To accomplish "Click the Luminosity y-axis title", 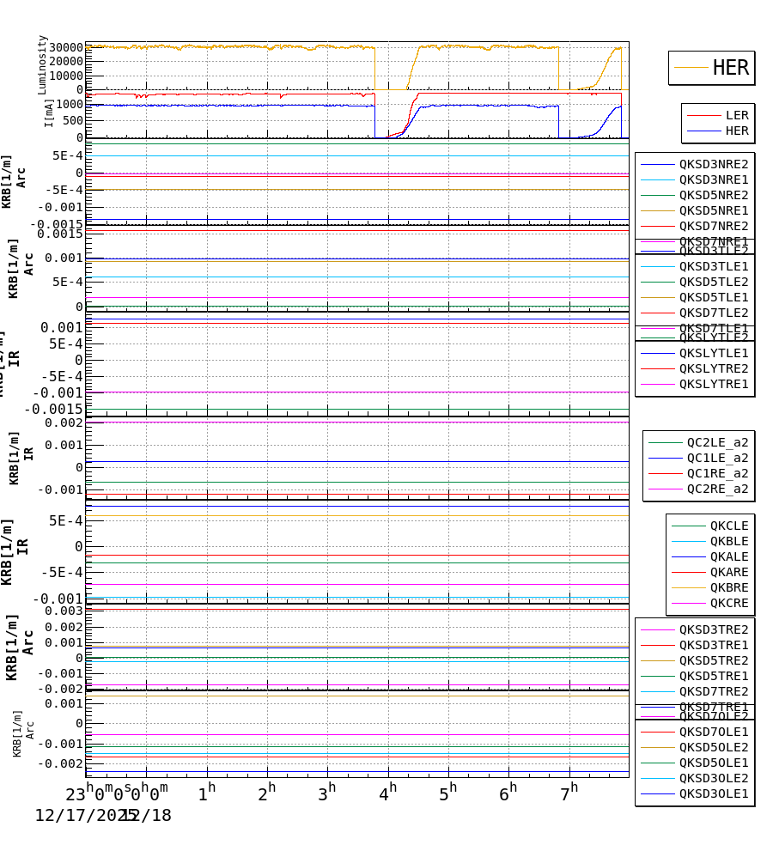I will (x=43, y=64).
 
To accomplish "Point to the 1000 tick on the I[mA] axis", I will (x=70, y=105).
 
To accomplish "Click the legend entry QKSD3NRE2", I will (x=713, y=164).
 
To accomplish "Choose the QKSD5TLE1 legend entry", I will (x=713, y=297).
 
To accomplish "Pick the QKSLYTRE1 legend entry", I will (x=713, y=384).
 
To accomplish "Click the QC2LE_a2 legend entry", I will (x=717, y=442).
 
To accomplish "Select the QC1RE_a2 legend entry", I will (x=717, y=473).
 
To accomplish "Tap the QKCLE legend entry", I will (x=728, y=526).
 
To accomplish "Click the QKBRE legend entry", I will (x=728, y=587).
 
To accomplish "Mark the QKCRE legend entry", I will (x=728, y=603).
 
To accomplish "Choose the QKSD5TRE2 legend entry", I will (x=713, y=660).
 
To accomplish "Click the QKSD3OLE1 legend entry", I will (x=713, y=793).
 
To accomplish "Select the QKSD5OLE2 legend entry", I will (x=713, y=747).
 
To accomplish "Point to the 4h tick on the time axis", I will (x=388, y=793).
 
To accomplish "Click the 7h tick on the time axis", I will (x=569, y=793).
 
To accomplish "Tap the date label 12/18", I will (x=148, y=816).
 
